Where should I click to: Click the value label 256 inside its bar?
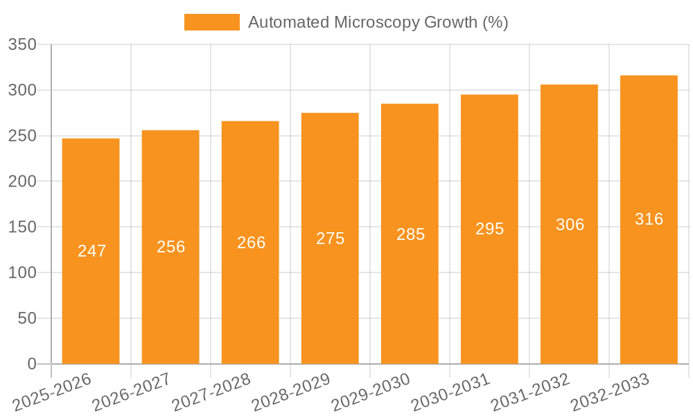point(171,247)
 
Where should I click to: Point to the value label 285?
point(410,234)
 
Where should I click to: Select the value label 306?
point(570,225)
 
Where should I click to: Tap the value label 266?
point(251,243)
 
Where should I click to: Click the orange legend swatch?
point(211,22)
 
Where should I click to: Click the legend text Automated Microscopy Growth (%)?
point(378,22)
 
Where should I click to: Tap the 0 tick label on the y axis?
point(31,364)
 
